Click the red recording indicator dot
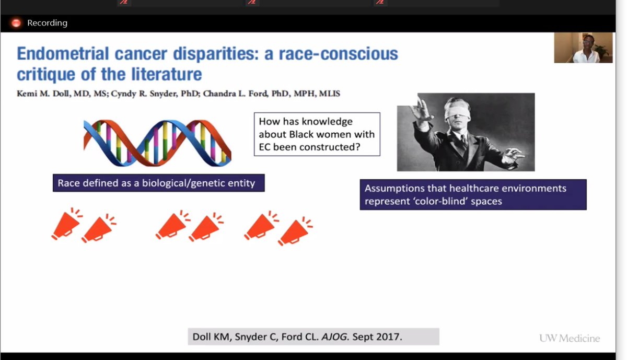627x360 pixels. tap(16, 23)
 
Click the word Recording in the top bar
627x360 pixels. tap(47, 23)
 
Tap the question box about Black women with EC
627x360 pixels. tap(317, 134)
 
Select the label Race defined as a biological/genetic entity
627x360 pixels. tap(158, 183)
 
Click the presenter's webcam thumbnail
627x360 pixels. tap(583, 48)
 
